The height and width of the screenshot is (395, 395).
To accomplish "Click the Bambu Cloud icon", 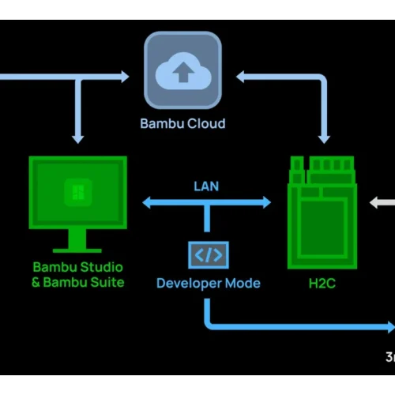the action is pos(182,70).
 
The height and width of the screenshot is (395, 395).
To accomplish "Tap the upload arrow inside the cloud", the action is pos(183,72).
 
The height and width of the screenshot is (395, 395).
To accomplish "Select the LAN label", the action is pos(206,186).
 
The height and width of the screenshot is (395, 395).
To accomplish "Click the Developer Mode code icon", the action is pos(209,255).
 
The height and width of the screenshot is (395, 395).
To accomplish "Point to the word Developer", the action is pos(189,284).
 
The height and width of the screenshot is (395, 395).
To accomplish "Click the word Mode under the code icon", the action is pos(243,284).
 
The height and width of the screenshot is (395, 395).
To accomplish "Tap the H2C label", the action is pos(322,284).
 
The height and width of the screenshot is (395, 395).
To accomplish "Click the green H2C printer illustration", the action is pos(322,213).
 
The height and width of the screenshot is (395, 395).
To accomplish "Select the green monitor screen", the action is pos(78,193).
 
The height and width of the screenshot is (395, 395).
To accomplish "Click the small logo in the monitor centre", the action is pos(78,192).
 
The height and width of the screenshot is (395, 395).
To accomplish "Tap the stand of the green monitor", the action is pos(77,241).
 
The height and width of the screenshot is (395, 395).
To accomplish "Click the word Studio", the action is pos(101,267).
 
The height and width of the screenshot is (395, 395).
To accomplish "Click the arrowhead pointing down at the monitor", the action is pos(77,139).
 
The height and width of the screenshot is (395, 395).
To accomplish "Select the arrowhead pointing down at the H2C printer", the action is pos(324,139).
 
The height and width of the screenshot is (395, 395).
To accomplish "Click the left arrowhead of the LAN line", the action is pos(146,202).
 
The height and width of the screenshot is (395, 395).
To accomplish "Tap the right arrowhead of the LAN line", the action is pos(267,202).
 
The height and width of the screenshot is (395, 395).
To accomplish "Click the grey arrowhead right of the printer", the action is pos(374,202).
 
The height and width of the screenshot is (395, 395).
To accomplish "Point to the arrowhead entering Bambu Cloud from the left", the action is pos(125,77).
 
